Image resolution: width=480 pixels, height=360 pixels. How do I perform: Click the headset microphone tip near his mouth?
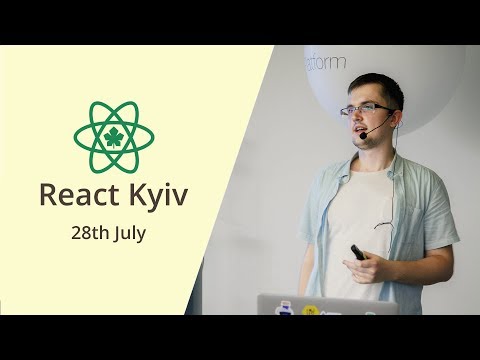point(364,134)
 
